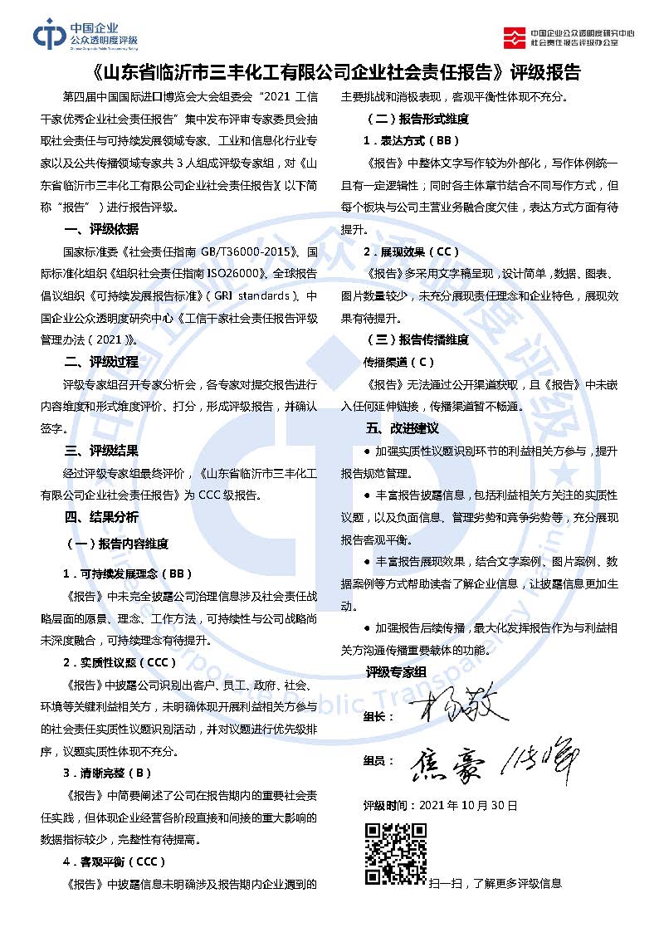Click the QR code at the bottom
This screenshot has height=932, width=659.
[x=395, y=853]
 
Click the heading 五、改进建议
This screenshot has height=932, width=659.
[x=402, y=428]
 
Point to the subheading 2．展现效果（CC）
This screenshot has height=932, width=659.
[x=411, y=251]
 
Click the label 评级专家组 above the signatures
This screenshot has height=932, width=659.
[x=396, y=671]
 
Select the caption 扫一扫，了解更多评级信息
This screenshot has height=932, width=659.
[x=495, y=883]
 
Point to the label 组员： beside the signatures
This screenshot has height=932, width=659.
[x=378, y=760]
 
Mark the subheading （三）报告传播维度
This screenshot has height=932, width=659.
[x=423, y=339]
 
